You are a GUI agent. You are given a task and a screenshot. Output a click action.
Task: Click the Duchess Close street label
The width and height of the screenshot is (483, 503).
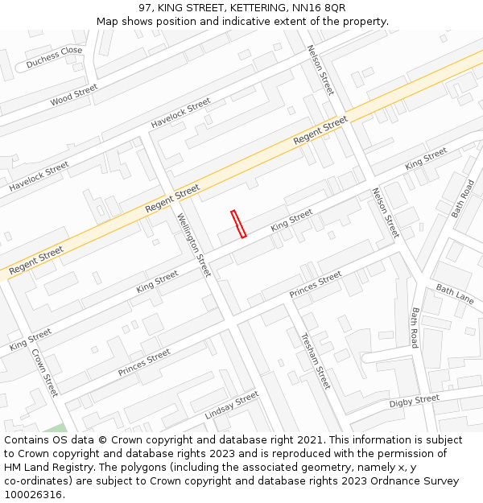pyautogui.click(x=54, y=56)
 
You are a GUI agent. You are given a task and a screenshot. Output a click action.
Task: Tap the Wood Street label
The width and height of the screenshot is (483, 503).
pyautogui.click(x=73, y=95)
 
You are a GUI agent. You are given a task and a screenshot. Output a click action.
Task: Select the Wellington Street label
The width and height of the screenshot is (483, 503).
pyautogui.click(x=194, y=245)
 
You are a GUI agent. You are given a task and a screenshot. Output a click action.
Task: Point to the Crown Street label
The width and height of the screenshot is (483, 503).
pyautogui.click(x=45, y=372)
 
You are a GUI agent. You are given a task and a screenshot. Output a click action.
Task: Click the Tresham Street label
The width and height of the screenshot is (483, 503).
pyautogui.click(x=316, y=361)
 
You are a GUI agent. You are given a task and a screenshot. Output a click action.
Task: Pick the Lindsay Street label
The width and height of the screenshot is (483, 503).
pyautogui.click(x=232, y=405)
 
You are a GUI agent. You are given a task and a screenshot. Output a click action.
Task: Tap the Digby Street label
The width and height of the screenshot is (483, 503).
pyautogui.click(x=414, y=400)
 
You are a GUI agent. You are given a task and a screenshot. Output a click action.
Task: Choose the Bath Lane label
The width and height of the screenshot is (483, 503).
pyautogui.click(x=455, y=293)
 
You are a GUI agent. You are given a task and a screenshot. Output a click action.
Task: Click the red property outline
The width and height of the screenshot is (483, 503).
pyautogui.click(x=238, y=224)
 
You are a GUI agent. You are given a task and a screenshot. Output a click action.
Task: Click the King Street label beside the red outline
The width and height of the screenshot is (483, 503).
pyautogui.click(x=291, y=220)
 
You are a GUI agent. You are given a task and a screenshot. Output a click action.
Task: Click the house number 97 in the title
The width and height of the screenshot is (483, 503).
pyautogui.click(x=145, y=7)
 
